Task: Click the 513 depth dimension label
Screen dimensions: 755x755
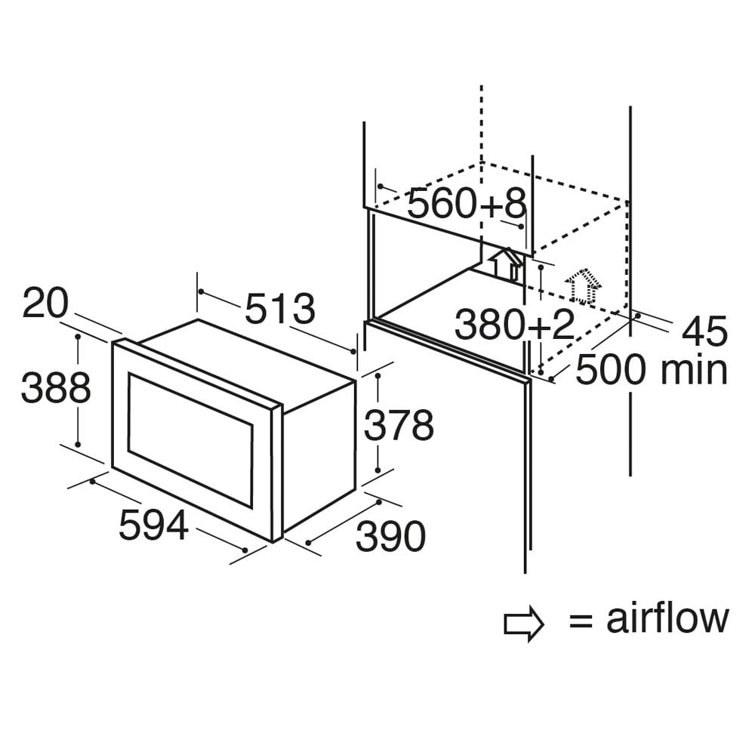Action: point(280,308)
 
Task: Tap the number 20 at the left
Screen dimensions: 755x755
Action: point(46,303)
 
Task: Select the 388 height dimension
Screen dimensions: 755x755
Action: point(56,387)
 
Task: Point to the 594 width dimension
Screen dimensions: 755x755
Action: point(153,525)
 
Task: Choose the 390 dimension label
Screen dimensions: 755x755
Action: point(390,536)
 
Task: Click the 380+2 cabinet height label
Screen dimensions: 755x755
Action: point(515,325)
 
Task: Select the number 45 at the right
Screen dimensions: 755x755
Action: point(704,331)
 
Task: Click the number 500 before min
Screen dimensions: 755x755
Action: point(611,369)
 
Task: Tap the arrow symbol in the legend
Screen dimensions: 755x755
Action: point(524,624)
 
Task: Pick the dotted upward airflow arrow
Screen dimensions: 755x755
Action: point(583,287)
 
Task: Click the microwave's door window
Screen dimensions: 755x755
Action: point(190,440)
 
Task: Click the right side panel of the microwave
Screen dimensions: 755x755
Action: point(319,455)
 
